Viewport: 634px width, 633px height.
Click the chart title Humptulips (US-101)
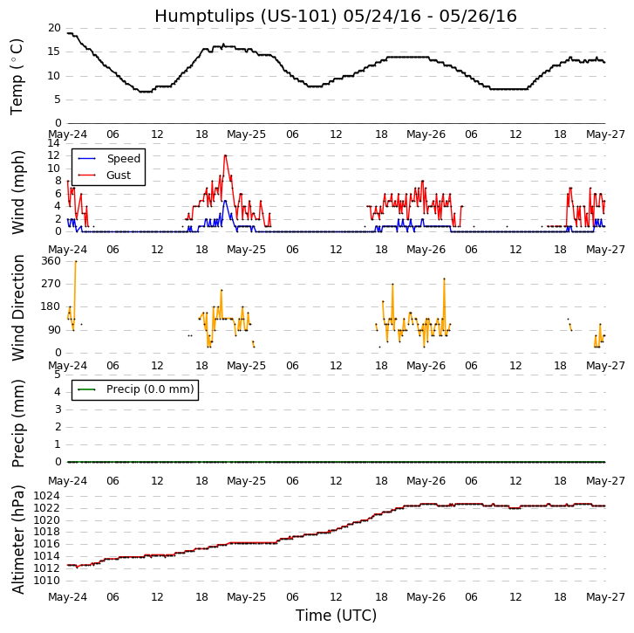pos(336,17)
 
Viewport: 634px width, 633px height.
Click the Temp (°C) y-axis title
pos(17,76)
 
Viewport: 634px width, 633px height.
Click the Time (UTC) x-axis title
pos(336,616)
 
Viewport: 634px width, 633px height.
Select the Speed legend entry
pos(123,159)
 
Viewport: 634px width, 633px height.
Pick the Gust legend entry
pos(119,175)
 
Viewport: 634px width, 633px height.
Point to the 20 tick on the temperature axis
pos(54,28)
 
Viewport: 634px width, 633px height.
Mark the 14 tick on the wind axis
pos(54,143)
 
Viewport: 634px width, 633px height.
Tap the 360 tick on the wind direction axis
pos(51,261)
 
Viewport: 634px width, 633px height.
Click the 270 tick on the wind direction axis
pos(51,284)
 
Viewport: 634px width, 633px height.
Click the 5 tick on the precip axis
pos(58,375)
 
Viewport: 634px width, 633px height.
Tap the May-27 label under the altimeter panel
pos(604,598)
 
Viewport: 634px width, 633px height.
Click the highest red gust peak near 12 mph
pos(225,155)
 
